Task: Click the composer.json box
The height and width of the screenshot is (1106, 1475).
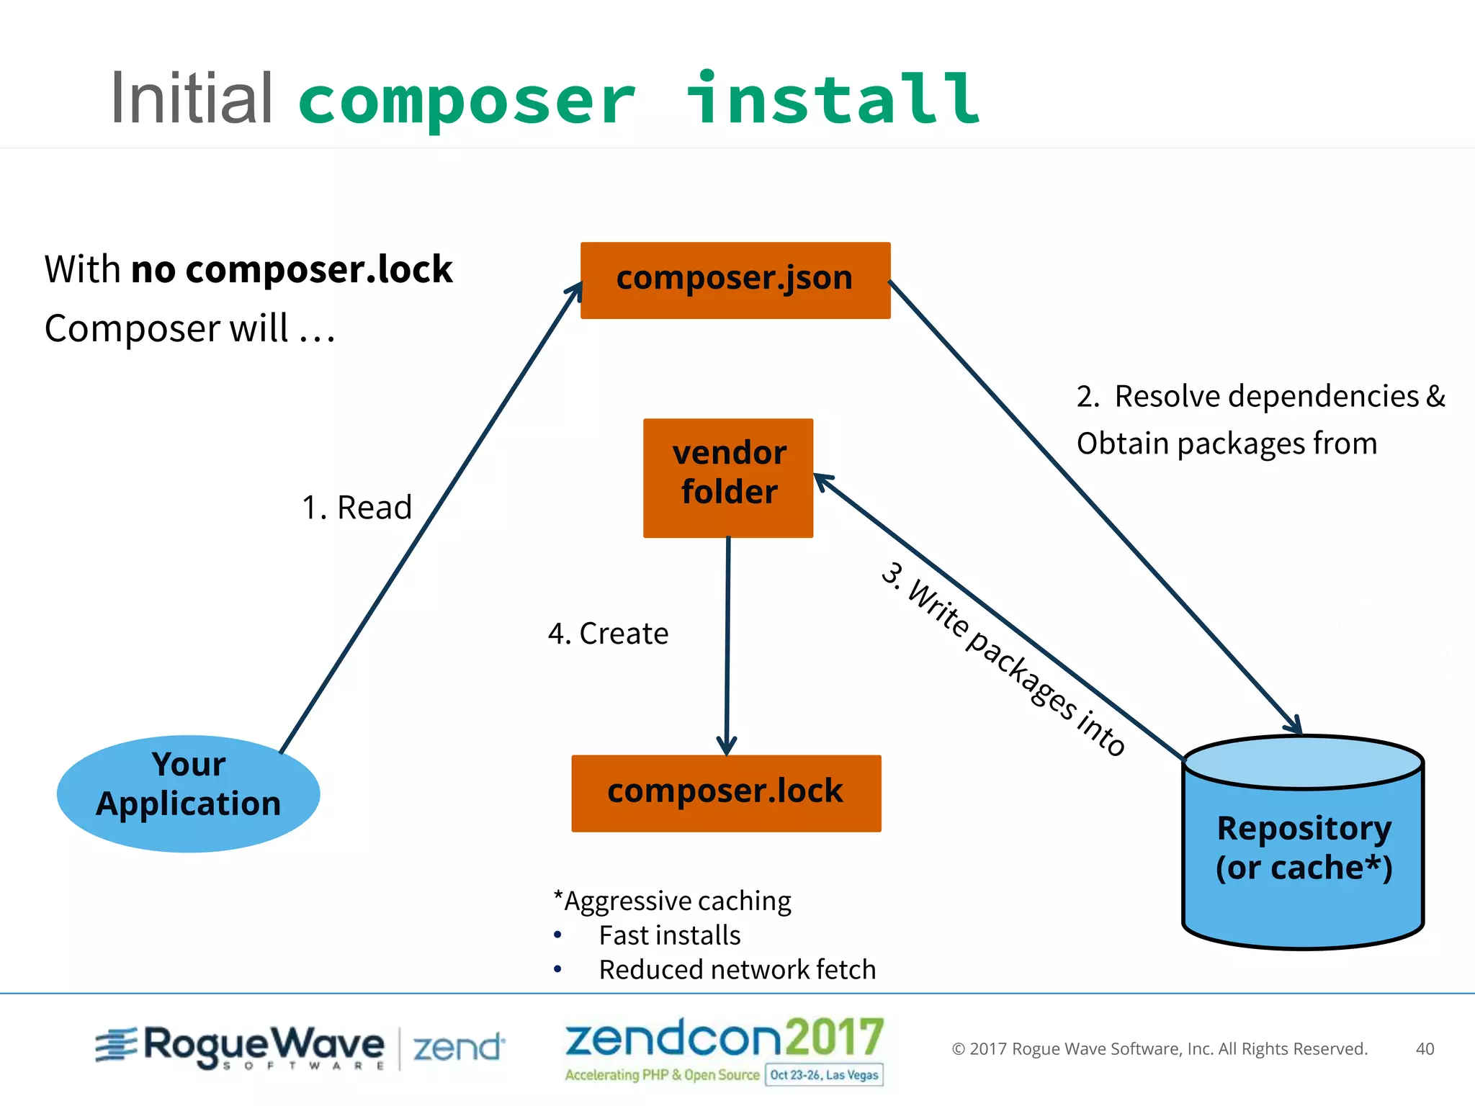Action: click(735, 280)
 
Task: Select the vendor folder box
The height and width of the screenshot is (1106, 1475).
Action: click(728, 477)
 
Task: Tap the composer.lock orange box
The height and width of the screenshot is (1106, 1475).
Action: click(726, 793)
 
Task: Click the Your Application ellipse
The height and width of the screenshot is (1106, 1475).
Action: click(189, 793)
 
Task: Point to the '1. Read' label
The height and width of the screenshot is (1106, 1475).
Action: click(357, 508)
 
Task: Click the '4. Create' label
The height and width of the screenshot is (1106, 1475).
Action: click(608, 634)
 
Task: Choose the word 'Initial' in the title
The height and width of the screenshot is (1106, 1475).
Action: click(192, 99)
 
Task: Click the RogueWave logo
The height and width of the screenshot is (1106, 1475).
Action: click(240, 1046)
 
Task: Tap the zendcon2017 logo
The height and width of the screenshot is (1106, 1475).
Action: click(724, 1039)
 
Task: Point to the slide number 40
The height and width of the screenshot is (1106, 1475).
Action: click(1425, 1048)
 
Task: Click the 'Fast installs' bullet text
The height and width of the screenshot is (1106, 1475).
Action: click(669, 935)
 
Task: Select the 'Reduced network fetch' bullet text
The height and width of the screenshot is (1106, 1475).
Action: click(737, 970)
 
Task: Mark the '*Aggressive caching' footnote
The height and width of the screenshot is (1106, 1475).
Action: click(672, 901)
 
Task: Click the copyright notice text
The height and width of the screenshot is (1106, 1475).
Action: click(1160, 1048)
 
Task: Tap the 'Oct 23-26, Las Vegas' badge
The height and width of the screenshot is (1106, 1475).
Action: click(824, 1075)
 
